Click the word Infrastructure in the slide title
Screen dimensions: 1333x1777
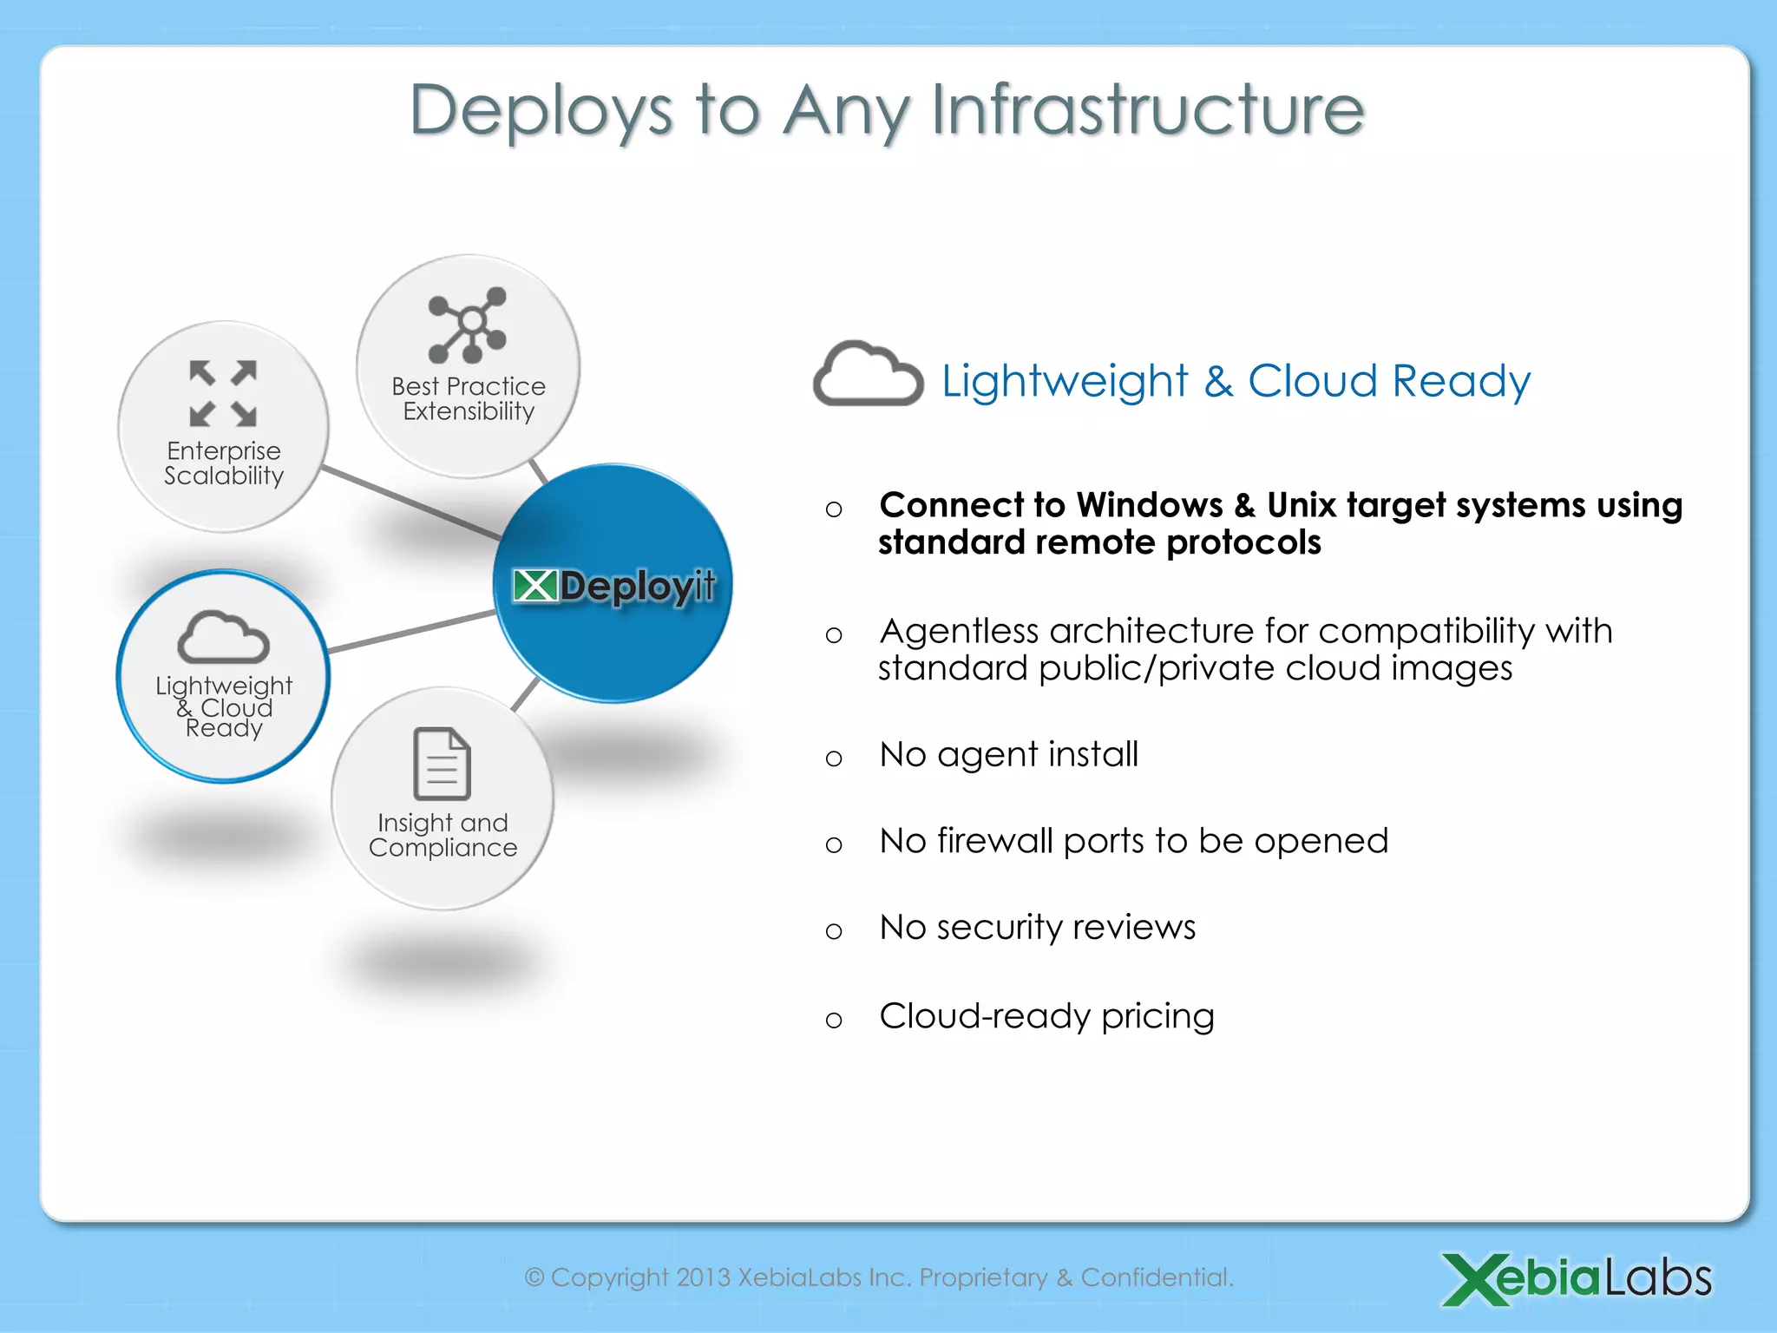point(1147,110)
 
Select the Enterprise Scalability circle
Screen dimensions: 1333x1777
point(223,427)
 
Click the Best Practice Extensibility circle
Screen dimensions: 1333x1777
point(468,366)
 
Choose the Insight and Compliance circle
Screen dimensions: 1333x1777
point(443,798)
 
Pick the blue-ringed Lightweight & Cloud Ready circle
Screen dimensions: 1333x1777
point(223,676)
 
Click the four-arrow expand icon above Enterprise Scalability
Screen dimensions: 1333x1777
point(223,393)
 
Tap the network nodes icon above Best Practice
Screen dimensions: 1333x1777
point(468,325)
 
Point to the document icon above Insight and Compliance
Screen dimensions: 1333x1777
point(443,764)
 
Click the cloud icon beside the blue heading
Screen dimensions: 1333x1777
point(867,375)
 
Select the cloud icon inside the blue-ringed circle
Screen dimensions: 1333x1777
point(223,638)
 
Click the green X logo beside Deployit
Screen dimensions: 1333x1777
point(534,586)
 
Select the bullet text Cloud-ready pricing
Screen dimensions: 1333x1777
point(1046,1016)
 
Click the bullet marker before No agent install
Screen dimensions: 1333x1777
point(834,758)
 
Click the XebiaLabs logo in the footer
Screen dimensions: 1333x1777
point(1577,1278)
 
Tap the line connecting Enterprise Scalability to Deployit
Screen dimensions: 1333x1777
point(410,503)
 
